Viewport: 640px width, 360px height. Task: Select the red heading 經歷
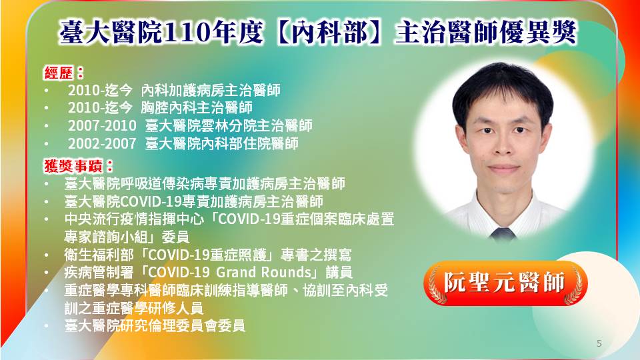click(59, 73)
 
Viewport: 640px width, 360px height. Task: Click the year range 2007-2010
click(102, 126)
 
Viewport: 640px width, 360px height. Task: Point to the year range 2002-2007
click(102, 144)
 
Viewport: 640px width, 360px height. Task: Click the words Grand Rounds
click(264, 272)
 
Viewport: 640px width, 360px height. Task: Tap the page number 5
click(599, 343)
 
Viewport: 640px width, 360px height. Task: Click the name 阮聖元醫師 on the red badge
click(505, 283)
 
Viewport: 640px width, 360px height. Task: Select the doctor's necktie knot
click(503, 234)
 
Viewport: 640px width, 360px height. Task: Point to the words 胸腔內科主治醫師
click(197, 108)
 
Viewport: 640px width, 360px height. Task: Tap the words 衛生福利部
click(99, 255)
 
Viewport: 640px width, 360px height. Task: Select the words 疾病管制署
click(99, 272)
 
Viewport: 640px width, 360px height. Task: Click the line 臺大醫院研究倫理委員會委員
click(155, 326)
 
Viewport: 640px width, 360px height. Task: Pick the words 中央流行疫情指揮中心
click(134, 219)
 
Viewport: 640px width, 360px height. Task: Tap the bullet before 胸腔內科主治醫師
click(47, 108)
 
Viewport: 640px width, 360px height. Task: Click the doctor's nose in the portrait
click(503, 147)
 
